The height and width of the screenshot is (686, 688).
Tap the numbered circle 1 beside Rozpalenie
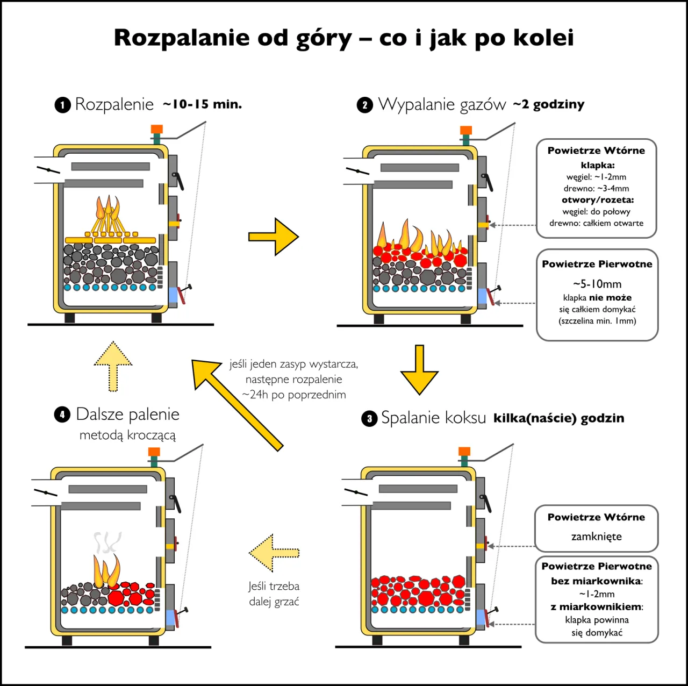pos(62,104)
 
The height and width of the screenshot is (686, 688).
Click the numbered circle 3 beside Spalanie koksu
pos(369,419)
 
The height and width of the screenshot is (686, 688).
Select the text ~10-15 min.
pos(202,104)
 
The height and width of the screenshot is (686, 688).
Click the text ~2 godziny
pos(548,104)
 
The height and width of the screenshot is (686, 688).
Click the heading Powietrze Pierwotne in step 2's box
pos(597,264)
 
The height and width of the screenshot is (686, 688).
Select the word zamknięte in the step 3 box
pos(596,537)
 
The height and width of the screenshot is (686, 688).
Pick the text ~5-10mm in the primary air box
pos(597,284)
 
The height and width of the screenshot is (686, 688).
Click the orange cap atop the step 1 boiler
pos(156,129)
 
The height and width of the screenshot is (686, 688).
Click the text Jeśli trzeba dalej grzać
pos(274,594)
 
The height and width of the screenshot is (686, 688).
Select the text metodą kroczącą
pos(127,435)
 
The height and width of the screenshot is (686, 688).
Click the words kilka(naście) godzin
pos(558,418)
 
